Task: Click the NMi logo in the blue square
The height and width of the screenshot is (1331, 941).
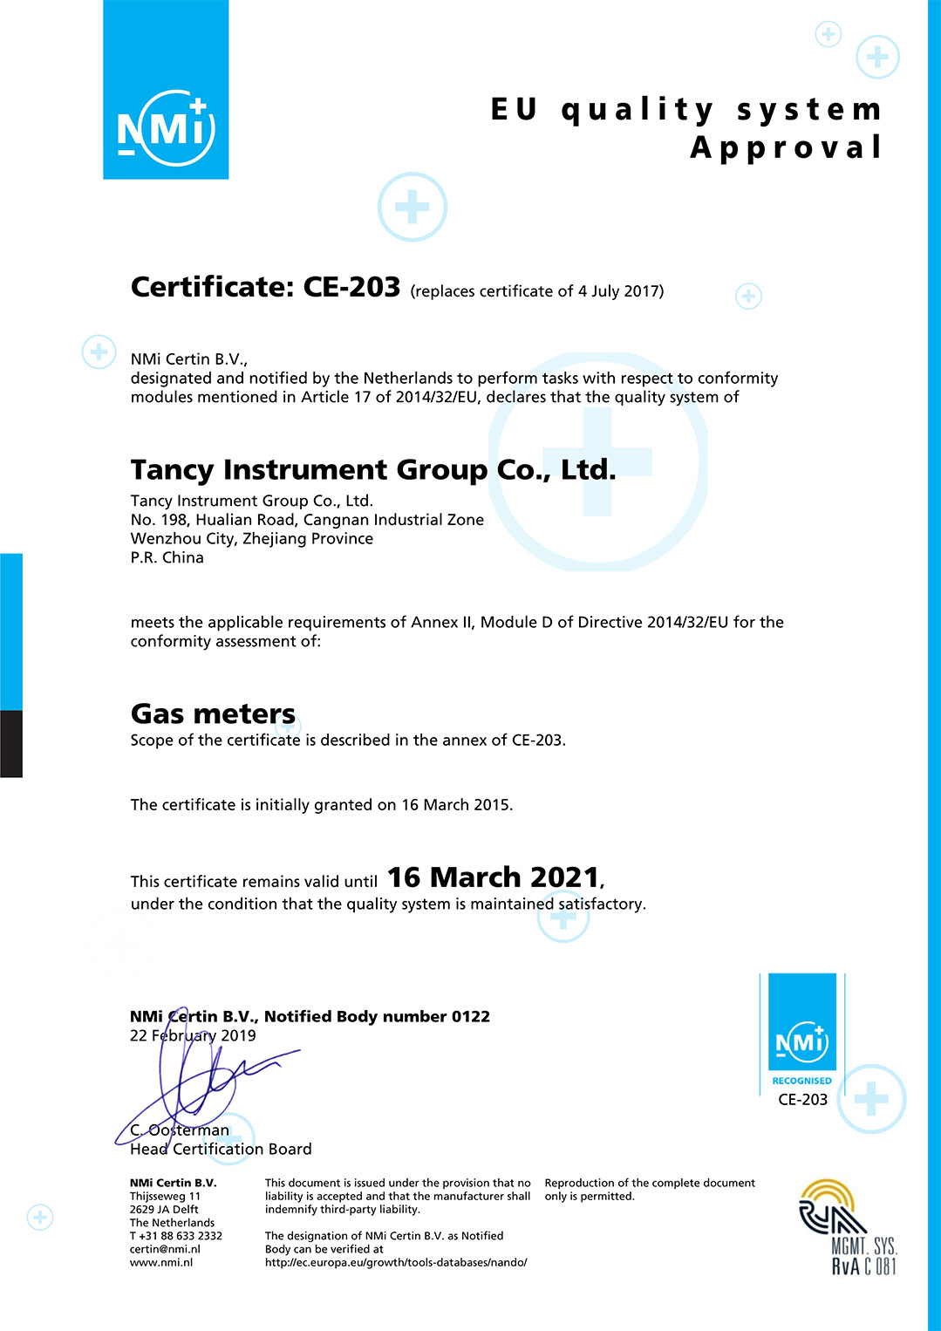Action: point(166,128)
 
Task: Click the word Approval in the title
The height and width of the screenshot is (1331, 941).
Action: point(786,147)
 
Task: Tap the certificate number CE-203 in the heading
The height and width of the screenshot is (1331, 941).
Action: point(351,287)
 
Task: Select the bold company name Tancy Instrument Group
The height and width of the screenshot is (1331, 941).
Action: point(309,469)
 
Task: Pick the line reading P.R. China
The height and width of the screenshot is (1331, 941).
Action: point(167,558)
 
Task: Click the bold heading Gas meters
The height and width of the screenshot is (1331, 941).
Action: point(213,713)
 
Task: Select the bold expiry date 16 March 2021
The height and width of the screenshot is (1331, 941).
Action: point(493,877)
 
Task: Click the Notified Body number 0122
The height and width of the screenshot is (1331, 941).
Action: point(470,1017)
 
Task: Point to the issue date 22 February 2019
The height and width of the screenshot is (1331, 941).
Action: point(193,1036)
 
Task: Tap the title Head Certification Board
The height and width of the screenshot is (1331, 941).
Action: point(221,1150)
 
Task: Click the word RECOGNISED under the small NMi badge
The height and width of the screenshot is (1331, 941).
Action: point(801,1081)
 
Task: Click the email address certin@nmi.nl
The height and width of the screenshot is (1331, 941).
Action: point(165,1249)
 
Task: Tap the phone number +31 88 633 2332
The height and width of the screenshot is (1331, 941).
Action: point(180,1236)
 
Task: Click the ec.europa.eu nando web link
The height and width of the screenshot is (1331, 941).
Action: point(396,1262)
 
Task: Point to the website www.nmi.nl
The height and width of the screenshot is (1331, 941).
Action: point(161,1262)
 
